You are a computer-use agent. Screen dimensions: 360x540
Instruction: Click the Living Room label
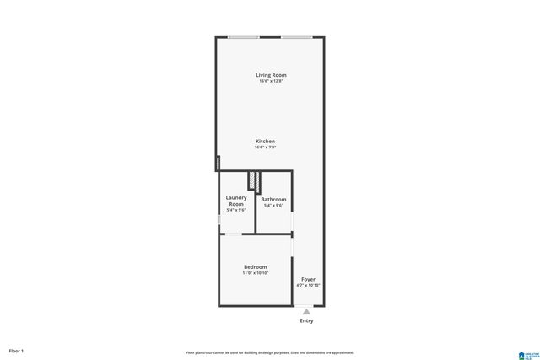click(x=271, y=75)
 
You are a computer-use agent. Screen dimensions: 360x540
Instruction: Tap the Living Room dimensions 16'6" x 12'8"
click(x=271, y=81)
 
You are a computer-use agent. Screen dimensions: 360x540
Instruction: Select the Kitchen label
click(x=266, y=141)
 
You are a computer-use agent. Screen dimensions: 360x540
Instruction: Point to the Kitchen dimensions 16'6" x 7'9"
click(x=266, y=147)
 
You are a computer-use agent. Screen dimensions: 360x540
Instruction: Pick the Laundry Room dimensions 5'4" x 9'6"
click(x=236, y=210)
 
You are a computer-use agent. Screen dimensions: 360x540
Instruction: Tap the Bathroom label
click(x=273, y=199)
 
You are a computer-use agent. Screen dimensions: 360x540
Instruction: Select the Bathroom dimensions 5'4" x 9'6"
click(x=273, y=205)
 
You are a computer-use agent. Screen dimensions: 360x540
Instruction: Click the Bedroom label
click(x=256, y=266)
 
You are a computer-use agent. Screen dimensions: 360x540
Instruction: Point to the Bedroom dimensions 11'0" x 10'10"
click(x=256, y=273)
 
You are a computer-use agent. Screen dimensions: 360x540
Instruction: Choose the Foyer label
click(x=308, y=278)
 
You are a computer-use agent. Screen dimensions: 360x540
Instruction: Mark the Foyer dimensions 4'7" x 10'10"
click(x=308, y=285)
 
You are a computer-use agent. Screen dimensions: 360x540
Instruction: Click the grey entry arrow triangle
click(x=306, y=311)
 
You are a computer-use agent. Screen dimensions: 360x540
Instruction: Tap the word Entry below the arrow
click(x=306, y=320)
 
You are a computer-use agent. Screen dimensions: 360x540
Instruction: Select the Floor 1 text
click(x=16, y=350)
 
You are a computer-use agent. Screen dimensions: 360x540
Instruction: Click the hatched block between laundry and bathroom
click(x=251, y=180)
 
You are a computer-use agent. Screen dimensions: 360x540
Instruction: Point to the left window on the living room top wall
click(x=243, y=36)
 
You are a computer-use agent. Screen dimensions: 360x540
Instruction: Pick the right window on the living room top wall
click(x=296, y=36)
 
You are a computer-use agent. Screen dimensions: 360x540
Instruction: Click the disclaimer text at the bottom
click(x=269, y=352)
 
